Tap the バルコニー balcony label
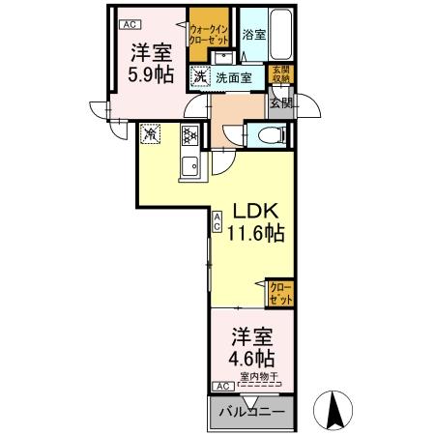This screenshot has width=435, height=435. point(250,413)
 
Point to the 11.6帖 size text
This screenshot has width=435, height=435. point(256,234)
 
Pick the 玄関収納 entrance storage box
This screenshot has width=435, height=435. point(279,74)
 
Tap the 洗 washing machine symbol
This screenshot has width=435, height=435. point(198,76)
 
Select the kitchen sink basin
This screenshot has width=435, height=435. point(189,166)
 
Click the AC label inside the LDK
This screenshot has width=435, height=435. point(217,221)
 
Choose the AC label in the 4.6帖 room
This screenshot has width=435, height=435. point(221,386)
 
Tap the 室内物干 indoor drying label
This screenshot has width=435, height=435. point(259,377)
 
